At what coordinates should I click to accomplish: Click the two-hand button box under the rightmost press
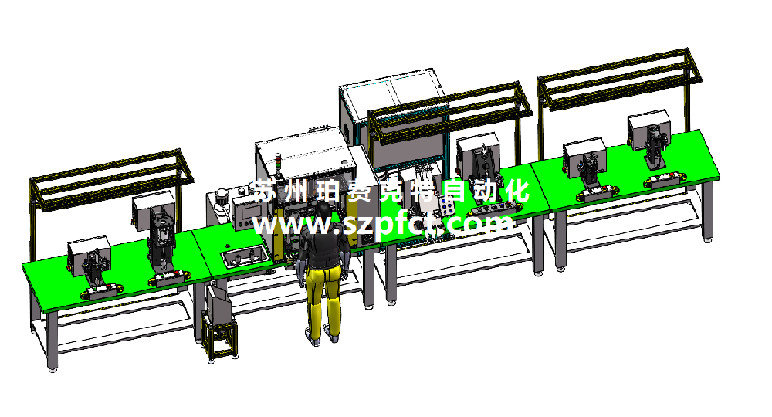pyautogui.click(x=665, y=180)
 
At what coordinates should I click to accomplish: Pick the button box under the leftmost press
pyautogui.click(x=101, y=291)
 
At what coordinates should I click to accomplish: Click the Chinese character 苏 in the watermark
pyautogui.click(x=265, y=191)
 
